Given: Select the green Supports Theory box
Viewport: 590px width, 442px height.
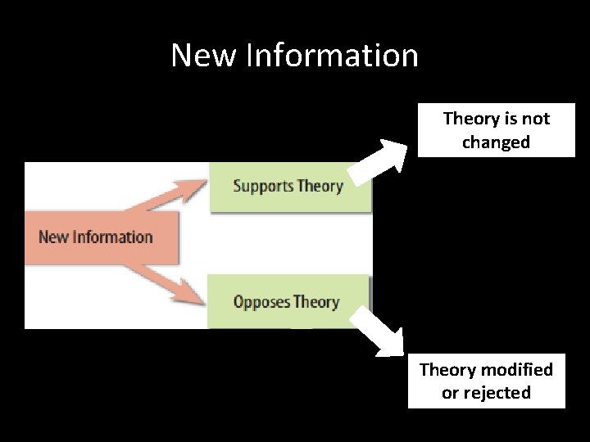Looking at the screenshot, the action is [x=290, y=186].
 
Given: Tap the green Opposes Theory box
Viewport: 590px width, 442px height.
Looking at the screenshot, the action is [x=288, y=301].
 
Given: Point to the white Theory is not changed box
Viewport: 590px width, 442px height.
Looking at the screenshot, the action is [x=496, y=130].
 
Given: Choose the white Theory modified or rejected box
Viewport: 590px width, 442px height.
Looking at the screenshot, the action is [x=486, y=381].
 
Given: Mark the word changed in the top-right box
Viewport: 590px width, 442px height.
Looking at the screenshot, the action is [x=496, y=142].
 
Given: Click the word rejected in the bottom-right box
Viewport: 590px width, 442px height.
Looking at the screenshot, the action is [x=497, y=393].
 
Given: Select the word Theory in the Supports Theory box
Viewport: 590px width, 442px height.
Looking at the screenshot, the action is [x=320, y=186].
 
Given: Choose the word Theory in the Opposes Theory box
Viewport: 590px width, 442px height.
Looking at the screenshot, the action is [x=316, y=302].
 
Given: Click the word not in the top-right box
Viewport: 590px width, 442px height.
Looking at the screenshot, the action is [x=536, y=119].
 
